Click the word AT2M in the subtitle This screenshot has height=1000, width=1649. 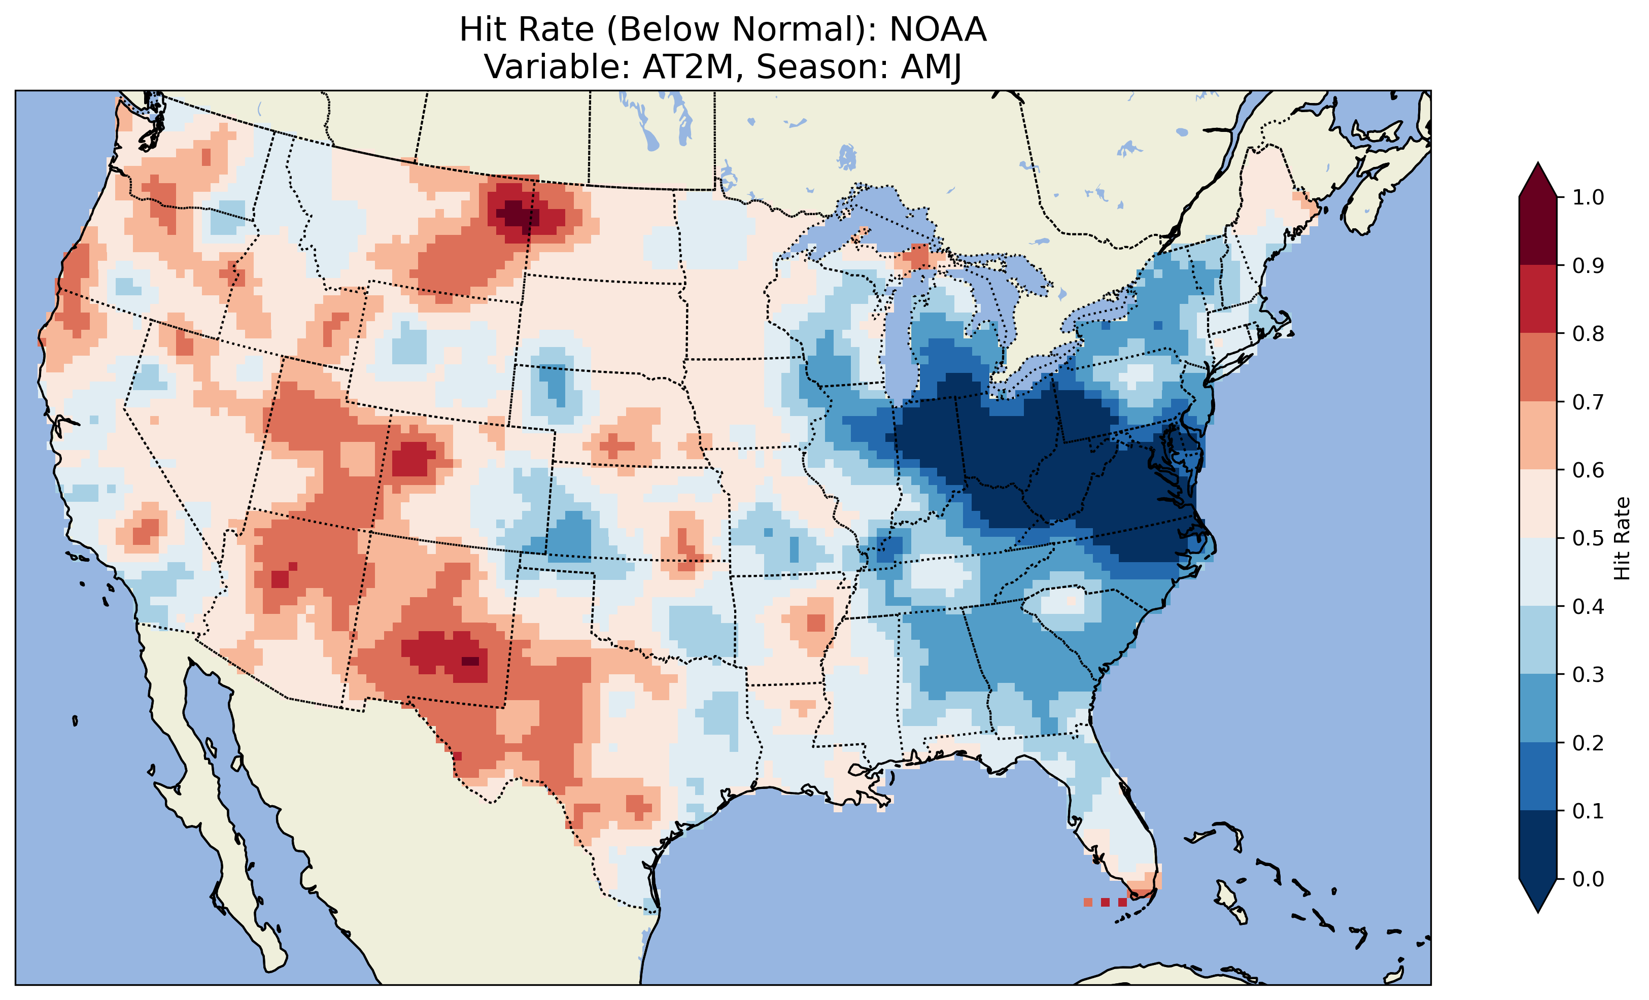689,67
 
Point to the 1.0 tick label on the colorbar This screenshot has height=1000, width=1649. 1588,197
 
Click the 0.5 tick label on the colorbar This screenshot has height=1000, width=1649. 1588,538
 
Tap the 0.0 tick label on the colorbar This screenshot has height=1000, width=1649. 1588,879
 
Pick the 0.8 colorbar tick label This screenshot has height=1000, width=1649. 1588,334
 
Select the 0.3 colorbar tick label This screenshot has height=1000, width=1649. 1588,675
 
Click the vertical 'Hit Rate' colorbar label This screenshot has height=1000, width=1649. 1622,538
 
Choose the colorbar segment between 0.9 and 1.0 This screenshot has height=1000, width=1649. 1538,231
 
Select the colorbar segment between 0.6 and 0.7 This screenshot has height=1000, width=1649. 1538,436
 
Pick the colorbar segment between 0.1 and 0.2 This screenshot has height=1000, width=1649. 1538,776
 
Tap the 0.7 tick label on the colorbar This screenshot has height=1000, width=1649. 1588,402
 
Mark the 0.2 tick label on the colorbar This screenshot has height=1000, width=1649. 1588,743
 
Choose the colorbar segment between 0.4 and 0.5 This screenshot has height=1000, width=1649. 1538,572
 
